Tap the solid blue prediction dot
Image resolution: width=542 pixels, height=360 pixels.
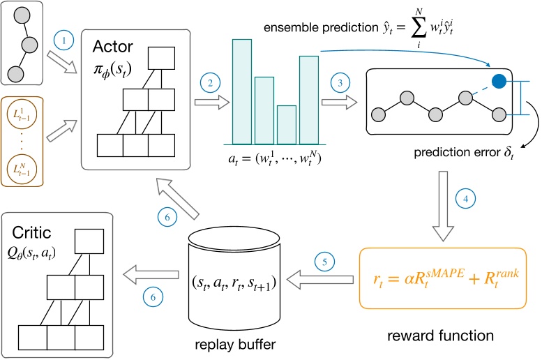pyautogui.click(x=499, y=82)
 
